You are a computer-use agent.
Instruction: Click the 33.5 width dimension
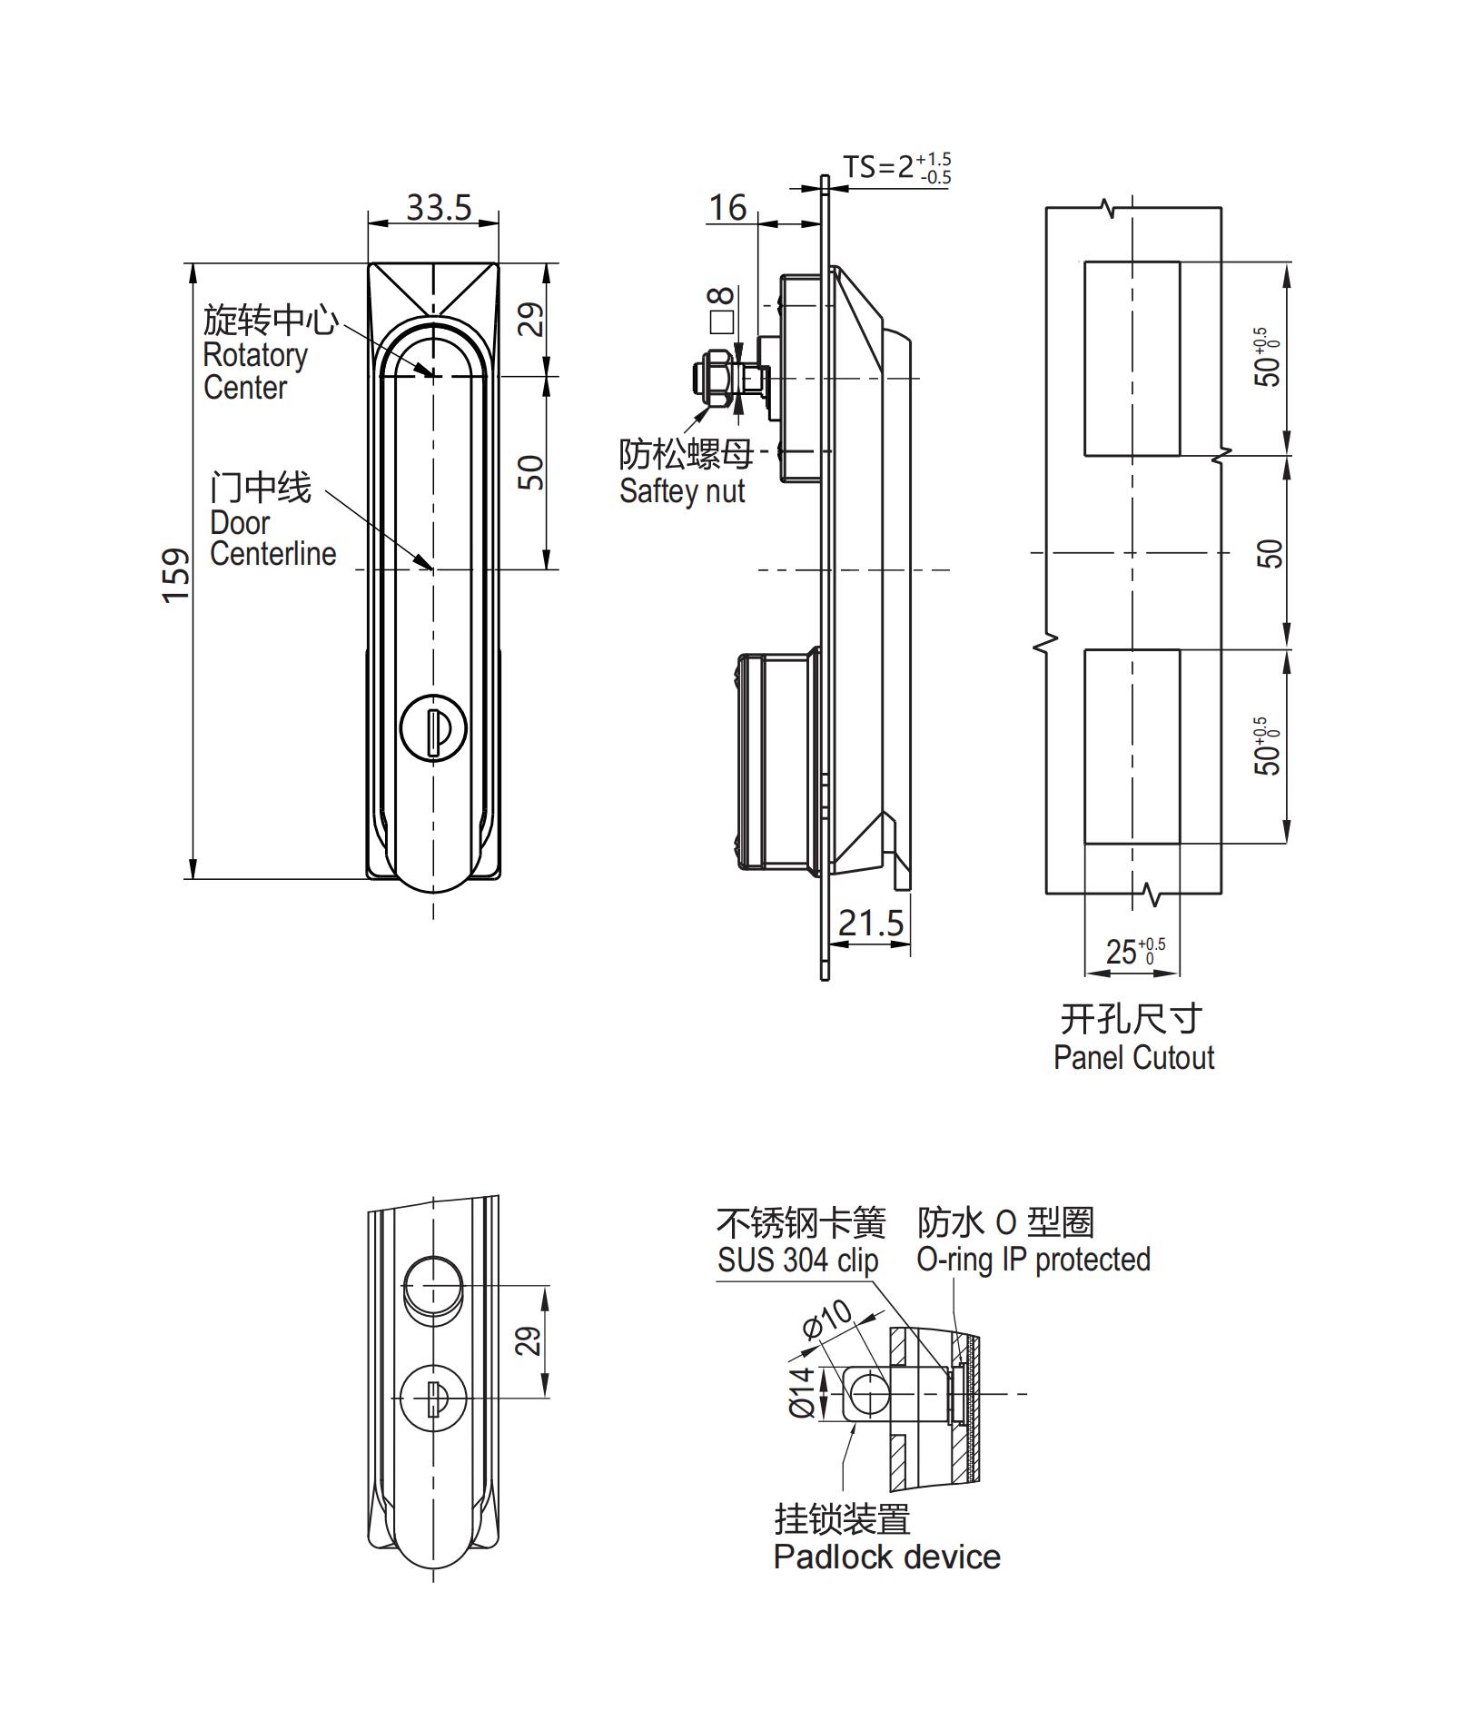coord(439,208)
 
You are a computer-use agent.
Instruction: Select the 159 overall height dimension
coord(176,574)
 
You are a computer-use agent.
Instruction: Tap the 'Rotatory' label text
coord(255,355)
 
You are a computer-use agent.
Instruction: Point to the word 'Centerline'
coord(272,554)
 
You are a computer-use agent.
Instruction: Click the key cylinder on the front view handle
coord(433,728)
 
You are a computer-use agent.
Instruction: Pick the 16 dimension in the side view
coord(727,208)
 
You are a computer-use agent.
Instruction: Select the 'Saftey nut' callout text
coord(682,491)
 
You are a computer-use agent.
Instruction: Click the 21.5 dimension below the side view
coord(870,924)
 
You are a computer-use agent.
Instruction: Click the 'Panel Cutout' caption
coord(1133,1058)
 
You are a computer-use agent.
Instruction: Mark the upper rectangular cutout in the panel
coord(1132,359)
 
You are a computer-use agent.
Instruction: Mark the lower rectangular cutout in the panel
coord(1132,746)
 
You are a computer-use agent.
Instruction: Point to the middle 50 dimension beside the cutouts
coord(1270,553)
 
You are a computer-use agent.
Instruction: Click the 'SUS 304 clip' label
coord(797,1260)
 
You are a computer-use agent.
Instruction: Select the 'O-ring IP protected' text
coord(1033,1260)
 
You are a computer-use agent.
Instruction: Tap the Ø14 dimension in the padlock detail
coord(801,1393)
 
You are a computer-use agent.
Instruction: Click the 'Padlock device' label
coord(886,1557)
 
